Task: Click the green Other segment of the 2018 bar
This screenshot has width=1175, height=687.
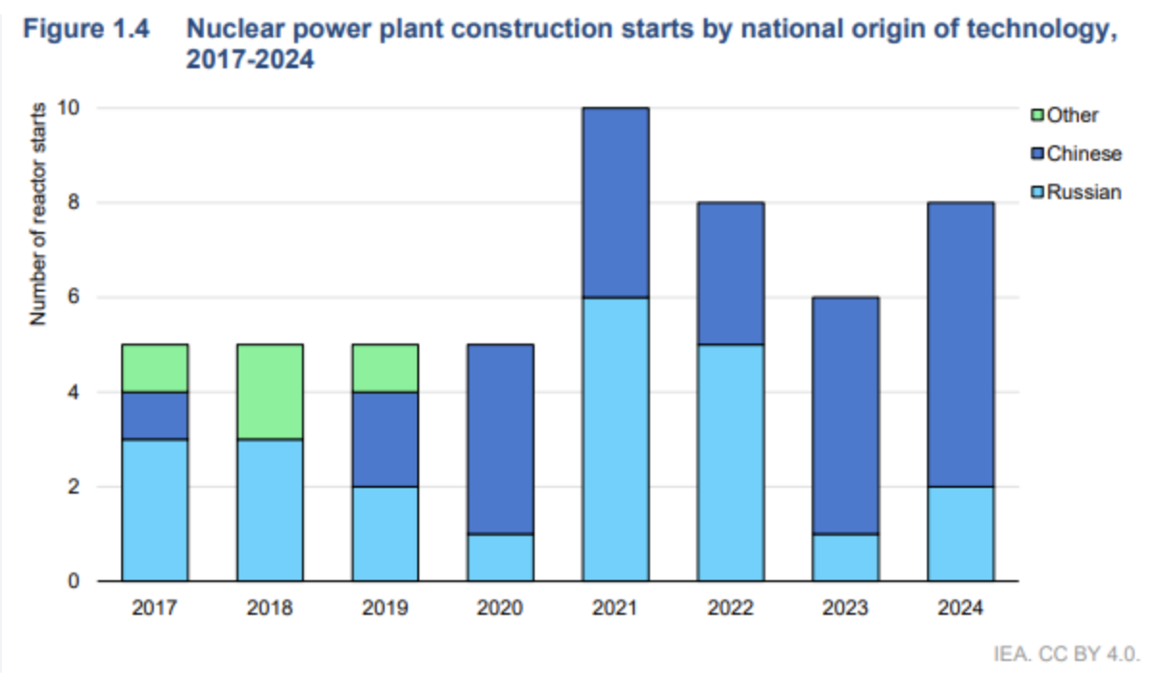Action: coord(270,392)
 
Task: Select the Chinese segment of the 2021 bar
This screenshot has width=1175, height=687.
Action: coord(615,202)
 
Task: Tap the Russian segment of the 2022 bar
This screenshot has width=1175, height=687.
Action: coord(731,462)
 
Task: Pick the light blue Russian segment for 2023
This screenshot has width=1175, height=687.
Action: coord(845,557)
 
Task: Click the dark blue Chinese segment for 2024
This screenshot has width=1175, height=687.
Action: coord(961,344)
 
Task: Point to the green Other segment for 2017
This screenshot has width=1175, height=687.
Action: coord(155,368)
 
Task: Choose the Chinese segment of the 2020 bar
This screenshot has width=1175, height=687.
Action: coord(500,439)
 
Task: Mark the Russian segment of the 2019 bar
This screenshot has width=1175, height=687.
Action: coord(386,533)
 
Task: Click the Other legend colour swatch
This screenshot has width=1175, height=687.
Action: coord(1037,115)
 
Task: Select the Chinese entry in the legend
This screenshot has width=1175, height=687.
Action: coord(1084,154)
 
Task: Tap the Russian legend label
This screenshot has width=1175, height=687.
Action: coord(1084,192)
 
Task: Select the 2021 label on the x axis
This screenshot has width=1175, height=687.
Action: coord(615,609)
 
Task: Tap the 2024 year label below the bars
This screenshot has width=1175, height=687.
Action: coord(961,609)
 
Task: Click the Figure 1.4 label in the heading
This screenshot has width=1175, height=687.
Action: coord(87,29)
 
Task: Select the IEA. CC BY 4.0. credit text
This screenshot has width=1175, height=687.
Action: coord(1066,655)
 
